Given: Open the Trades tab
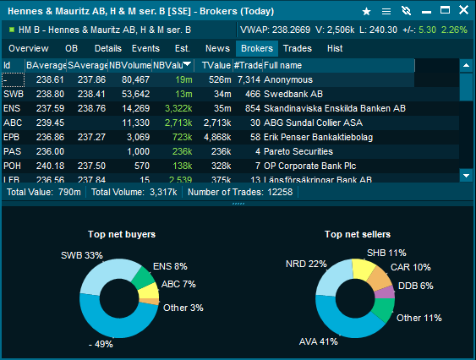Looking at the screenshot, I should [x=298, y=49].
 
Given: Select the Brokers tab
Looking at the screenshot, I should [x=257, y=49].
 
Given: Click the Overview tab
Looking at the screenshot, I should [x=28, y=49].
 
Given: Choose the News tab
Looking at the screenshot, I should [x=217, y=49].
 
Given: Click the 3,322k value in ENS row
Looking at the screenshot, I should [x=177, y=108].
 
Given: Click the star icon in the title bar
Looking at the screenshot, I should [x=366, y=11].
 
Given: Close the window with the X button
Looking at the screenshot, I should [x=463, y=11].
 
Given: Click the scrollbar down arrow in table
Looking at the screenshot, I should [x=467, y=175].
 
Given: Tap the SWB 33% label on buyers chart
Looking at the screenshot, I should [x=81, y=255].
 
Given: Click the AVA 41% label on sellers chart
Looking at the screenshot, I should [x=319, y=342].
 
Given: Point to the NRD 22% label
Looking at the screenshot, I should [x=306, y=264].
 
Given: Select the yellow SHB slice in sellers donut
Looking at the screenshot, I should [x=363, y=270].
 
